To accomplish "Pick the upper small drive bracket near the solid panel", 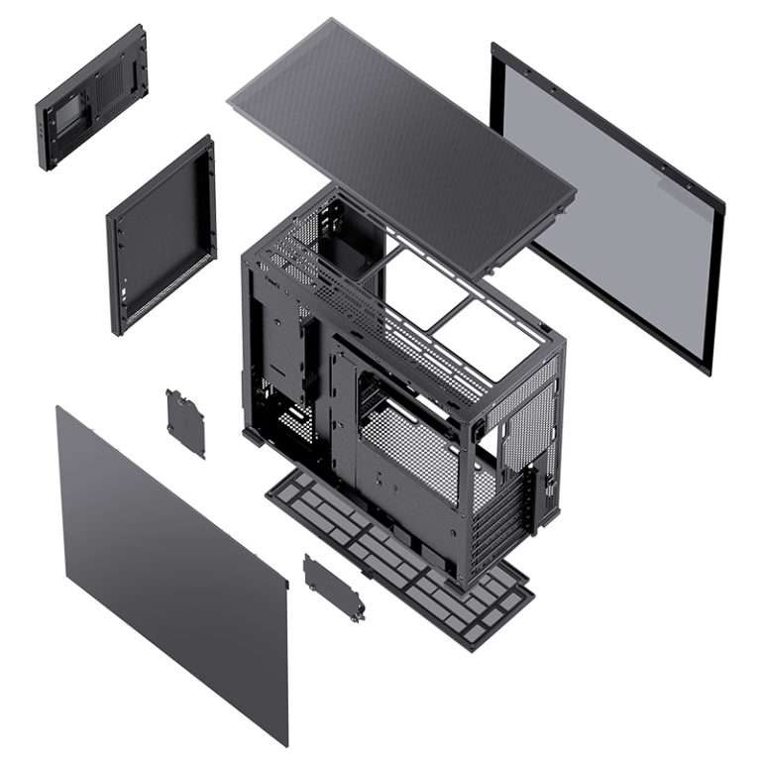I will click(185, 421).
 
